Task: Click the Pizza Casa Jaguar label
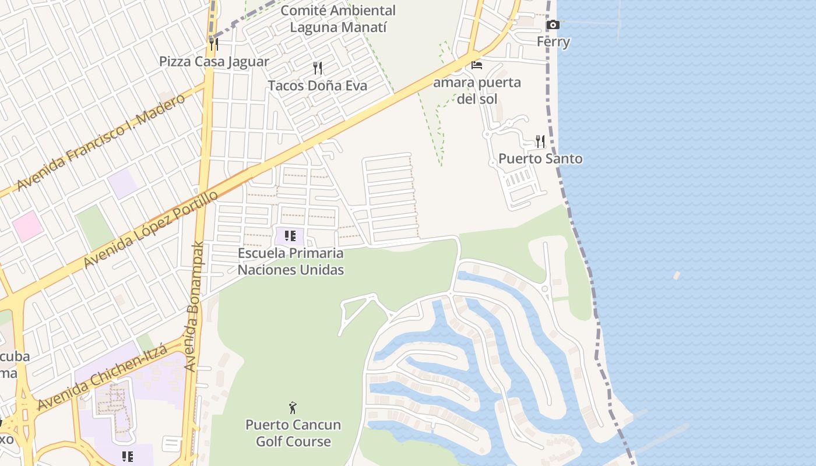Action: [214, 62]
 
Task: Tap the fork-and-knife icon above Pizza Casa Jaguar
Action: [214, 44]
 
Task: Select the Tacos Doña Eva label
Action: [318, 86]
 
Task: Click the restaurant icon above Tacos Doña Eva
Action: [318, 68]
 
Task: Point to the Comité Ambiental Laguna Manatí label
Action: [338, 19]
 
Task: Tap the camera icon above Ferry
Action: [553, 25]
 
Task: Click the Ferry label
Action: [553, 42]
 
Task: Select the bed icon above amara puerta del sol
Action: [477, 65]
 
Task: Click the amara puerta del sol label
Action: [477, 90]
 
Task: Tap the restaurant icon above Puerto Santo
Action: [540, 141]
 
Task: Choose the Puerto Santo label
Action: [540, 158]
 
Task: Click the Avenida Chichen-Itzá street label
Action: [103, 377]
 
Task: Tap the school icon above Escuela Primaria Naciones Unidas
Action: [290, 236]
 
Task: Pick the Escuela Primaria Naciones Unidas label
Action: [291, 262]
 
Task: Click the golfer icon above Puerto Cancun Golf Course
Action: [293, 408]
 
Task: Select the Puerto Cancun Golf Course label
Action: [293, 433]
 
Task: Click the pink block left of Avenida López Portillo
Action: [27, 226]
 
